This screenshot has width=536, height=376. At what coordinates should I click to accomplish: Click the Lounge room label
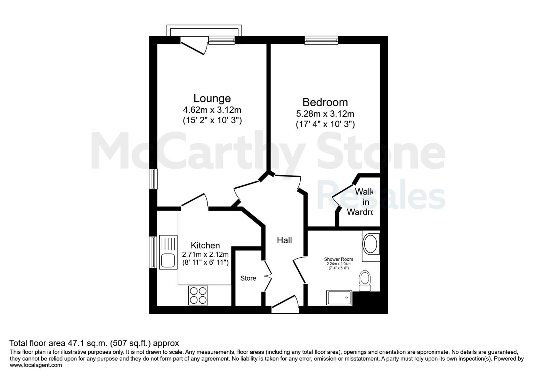point(212,98)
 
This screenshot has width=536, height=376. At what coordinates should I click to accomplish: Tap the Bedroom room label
point(325,102)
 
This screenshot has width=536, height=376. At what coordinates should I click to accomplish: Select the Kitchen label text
point(205,245)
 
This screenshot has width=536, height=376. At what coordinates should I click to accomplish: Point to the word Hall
point(284,240)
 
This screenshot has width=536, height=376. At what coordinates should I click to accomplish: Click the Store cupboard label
point(248,278)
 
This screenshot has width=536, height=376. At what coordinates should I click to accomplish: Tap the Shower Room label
point(338,259)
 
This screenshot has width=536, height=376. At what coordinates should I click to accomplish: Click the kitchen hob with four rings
point(198,296)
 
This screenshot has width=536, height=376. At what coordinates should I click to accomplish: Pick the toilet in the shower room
point(365,281)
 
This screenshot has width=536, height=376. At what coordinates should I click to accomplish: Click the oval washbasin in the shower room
point(370,244)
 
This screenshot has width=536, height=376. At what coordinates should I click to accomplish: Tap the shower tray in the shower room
point(340,298)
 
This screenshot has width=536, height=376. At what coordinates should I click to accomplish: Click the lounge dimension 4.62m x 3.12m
point(212,110)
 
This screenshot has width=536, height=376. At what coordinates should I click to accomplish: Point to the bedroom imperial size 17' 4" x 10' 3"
point(325,124)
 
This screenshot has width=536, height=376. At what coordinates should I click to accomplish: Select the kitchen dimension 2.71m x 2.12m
point(205,254)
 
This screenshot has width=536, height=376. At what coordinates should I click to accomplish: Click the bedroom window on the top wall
point(321,40)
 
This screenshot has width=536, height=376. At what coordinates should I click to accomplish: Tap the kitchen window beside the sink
point(153,252)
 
